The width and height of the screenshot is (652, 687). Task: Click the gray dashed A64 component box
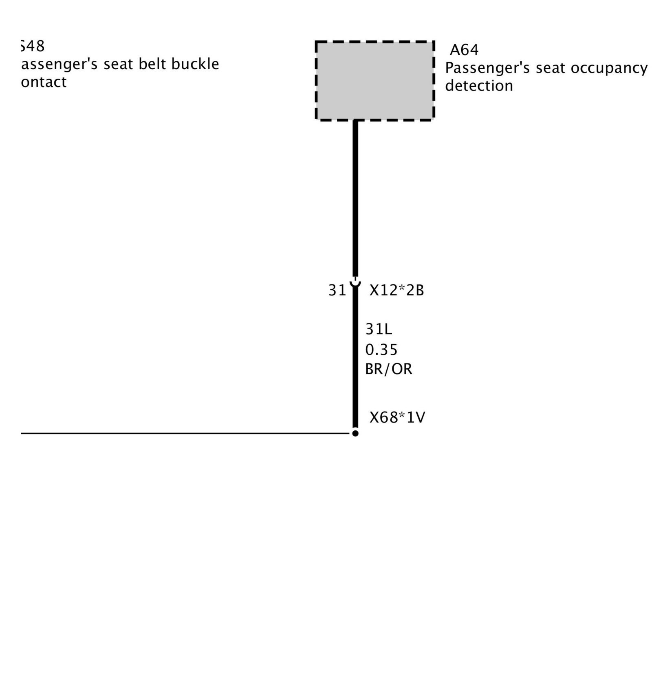[374, 81]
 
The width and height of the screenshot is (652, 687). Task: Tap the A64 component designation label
[464, 50]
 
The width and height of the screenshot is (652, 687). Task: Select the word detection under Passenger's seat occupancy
[479, 86]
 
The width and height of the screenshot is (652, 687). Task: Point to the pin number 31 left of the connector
[337, 291]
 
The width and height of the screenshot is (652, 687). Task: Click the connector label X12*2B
[396, 291]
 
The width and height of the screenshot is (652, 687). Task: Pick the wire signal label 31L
[379, 329]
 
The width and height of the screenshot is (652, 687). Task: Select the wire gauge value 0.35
[381, 350]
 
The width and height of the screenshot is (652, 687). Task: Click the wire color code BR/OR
[388, 369]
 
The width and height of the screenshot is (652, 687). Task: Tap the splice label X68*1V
[397, 418]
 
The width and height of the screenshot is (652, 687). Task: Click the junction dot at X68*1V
[355, 433]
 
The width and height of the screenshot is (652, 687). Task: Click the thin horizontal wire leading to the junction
[183, 433]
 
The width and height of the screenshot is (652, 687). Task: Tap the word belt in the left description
[154, 64]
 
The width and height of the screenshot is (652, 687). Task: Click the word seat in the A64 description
[551, 68]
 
